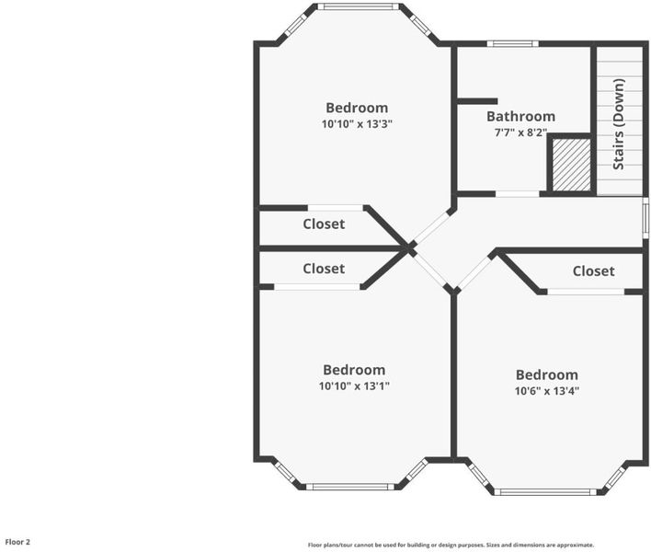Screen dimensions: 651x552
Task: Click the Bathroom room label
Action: click(x=520, y=116)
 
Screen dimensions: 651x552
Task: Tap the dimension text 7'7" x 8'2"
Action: click(x=520, y=132)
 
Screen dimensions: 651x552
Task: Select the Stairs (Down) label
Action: click(x=619, y=124)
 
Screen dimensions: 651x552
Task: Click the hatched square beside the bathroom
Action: click(x=571, y=165)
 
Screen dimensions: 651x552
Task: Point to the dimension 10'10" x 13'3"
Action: click(x=357, y=124)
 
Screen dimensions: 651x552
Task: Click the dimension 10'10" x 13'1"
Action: click(x=354, y=385)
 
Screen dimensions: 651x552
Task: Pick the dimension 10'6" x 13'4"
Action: click(x=547, y=391)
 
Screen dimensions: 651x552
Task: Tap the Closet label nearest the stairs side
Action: click(x=593, y=271)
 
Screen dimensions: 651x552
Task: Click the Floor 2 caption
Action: click(x=17, y=542)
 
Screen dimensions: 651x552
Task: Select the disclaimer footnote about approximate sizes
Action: click(x=451, y=545)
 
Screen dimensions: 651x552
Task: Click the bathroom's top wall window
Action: click(x=513, y=43)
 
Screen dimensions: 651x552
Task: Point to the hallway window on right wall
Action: click(x=645, y=218)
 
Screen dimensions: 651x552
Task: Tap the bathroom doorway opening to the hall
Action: click(x=518, y=194)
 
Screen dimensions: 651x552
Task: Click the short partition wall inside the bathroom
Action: click(x=477, y=101)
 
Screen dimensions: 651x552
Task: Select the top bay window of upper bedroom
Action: click(x=358, y=6)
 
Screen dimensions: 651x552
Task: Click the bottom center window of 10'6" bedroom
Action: click(x=545, y=492)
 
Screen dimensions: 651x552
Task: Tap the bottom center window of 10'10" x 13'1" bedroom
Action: click(x=350, y=487)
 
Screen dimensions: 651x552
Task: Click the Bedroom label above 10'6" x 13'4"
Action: click(x=547, y=374)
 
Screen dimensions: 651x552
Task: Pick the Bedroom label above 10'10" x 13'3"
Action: click(x=357, y=108)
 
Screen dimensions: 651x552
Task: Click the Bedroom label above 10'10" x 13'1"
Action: click(x=354, y=370)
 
